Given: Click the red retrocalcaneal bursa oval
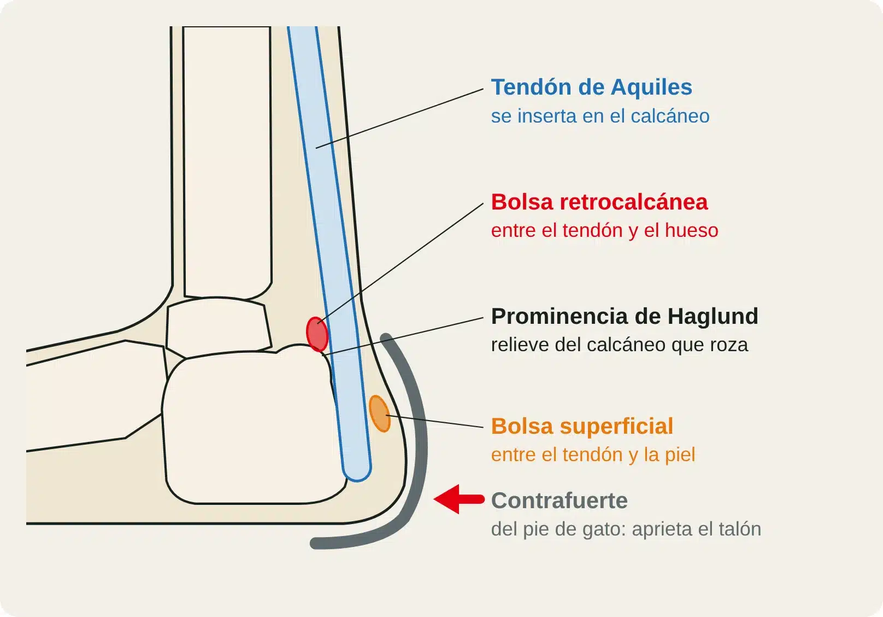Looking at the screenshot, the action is click(317, 334).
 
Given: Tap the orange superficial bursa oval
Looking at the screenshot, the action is click(380, 414).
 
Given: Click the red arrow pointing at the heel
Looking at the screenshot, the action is click(459, 499).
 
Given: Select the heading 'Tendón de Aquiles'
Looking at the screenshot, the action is click(591, 87).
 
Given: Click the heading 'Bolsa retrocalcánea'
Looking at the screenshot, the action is click(599, 202).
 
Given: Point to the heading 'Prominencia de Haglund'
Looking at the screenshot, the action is click(625, 316).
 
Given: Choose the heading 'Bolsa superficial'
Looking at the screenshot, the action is click(582, 426).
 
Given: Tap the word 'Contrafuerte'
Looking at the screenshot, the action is click(560, 500).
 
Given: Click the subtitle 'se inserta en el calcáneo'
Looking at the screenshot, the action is click(600, 116).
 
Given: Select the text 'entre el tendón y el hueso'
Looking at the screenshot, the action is click(604, 230).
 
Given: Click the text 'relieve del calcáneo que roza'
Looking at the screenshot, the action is click(619, 345).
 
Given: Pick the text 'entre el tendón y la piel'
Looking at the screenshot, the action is click(593, 455).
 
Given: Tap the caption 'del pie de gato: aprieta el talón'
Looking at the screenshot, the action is click(626, 529).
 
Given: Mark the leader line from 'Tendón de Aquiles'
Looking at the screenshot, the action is click(399, 119).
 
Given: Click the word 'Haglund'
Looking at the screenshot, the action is click(713, 316).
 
